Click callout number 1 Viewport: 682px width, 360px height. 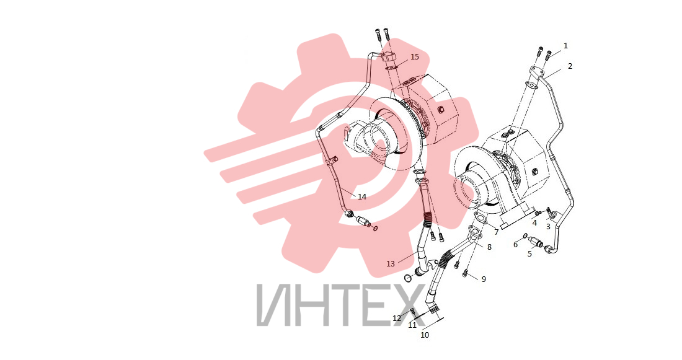[565, 46]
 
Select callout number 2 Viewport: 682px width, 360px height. [570, 66]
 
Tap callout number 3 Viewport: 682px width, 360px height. [548, 227]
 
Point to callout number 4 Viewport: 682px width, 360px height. [534, 222]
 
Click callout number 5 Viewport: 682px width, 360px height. [529, 254]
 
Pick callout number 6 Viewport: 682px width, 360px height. [515, 245]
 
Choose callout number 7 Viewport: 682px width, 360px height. [496, 232]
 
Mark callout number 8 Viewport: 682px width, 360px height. [489, 247]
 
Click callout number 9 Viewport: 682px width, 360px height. [484, 279]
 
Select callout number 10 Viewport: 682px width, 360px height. [425, 335]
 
